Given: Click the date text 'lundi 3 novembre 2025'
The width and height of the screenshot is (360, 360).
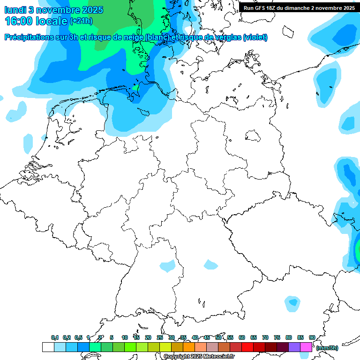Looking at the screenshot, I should tap(54, 10).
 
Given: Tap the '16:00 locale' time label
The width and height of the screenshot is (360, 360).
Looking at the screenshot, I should tap(36, 21).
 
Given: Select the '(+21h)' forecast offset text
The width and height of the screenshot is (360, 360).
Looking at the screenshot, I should tap(81, 21).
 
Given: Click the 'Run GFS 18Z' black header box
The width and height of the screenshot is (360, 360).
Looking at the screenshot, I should tap(299, 7).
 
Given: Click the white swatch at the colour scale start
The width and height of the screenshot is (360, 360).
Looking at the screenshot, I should tap(48, 347).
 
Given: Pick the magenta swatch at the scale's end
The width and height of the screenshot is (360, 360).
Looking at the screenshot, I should tap(306, 347).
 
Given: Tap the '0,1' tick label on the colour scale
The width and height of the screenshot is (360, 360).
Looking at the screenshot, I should tap(55, 337).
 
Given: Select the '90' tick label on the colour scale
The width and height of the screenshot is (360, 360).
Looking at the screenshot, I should tap(312, 337).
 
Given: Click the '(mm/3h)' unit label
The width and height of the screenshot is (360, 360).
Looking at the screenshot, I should tap(327, 348).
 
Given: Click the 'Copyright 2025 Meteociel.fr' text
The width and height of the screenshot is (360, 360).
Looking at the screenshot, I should tap(199, 357).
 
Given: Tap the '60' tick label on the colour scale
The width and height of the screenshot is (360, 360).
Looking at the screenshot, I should tap(242, 337).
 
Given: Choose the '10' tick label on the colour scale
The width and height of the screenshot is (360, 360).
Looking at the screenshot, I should tap(125, 337).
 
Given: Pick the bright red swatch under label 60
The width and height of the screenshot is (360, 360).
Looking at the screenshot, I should tap(247, 347).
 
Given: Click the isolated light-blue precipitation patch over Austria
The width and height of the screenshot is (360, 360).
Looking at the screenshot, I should tap(293, 303).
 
